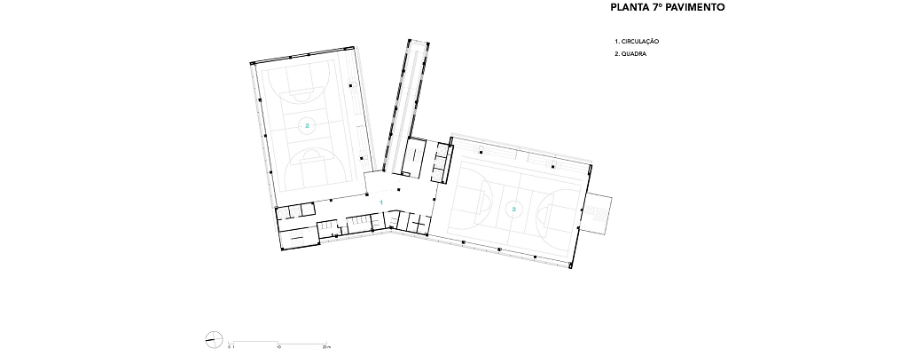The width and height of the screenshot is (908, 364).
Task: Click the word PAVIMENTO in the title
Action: click(694, 8)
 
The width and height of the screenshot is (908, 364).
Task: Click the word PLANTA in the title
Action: click(629, 8)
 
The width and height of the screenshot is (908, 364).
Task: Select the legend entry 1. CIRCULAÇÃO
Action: click(637, 42)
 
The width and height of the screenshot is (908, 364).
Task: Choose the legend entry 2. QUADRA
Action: click(630, 54)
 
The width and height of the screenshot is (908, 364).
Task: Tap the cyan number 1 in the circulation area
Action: click(381, 202)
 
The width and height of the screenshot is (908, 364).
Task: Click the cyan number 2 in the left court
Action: click(308, 125)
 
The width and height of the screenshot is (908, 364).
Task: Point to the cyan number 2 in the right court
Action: click(513, 209)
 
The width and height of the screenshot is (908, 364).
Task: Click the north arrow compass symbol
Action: click(214, 339)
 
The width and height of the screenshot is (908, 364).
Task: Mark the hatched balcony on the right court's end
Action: click(599, 214)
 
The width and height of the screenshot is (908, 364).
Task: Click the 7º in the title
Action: click(655, 8)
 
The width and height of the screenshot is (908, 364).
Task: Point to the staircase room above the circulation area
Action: click(417, 155)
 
